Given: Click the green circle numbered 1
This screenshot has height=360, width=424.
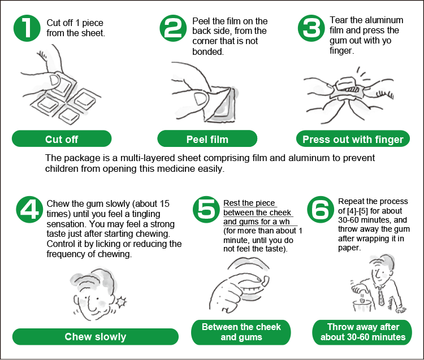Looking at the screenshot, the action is [27, 28].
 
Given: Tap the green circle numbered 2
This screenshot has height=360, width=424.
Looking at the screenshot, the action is [173, 28].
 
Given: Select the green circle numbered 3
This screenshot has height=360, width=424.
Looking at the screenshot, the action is [311, 28].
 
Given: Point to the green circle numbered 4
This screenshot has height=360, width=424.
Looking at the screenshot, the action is [29, 210].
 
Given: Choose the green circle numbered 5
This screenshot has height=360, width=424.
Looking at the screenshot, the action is [206, 210].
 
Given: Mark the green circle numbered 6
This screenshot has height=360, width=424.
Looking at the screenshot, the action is [321, 210].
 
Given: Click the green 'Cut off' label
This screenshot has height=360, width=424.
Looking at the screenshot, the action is [62, 138].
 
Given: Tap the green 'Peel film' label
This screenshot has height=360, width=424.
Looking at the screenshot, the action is [207, 138].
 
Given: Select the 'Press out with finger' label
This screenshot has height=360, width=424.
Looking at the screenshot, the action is [353, 138].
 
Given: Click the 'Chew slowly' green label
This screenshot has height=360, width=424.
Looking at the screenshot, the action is [96, 337].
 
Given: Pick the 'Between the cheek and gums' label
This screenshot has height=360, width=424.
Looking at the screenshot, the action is [241, 332].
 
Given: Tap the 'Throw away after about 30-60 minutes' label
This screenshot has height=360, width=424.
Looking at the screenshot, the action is [362, 332].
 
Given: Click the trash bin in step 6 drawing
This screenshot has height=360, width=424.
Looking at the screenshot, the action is [361, 306].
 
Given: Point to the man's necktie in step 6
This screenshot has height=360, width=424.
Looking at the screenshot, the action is [381, 296].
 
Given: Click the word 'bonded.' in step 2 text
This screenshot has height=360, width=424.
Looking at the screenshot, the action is [208, 51].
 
